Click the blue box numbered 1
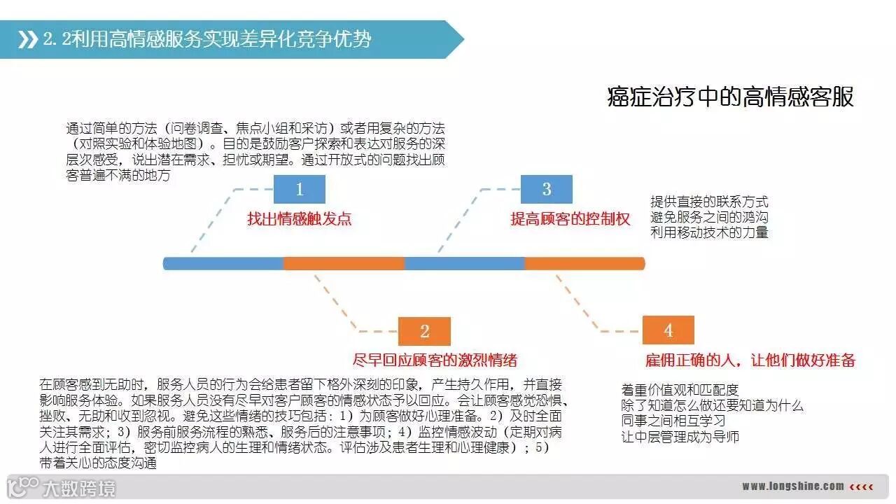[300, 190]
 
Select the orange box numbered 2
[424, 331]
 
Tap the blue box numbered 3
[547, 190]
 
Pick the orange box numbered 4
[668, 330]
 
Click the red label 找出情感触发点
[299, 219]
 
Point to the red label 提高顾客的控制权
[570, 219]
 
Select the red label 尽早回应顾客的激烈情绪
[435, 360]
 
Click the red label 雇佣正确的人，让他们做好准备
[750, 360]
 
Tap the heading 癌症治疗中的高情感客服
[730, 97]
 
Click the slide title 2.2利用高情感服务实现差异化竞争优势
[207, 39]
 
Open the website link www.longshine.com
[792, 486]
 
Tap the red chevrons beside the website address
[862, 486]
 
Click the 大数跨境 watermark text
[78, 487]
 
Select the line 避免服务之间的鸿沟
[709, 217]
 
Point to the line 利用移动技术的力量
[709, 232]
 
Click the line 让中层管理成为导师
[680, 437]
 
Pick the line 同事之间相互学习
[673, 421]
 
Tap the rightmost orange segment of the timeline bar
[584, 263]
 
